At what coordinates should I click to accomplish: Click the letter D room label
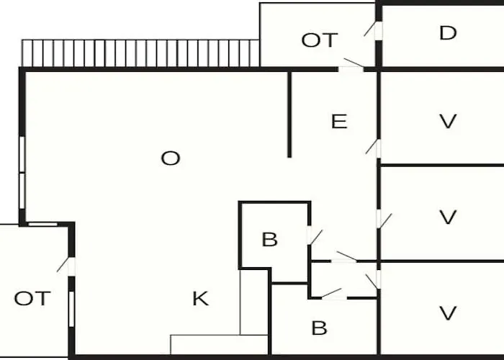448,33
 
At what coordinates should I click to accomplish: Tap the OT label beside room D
320,40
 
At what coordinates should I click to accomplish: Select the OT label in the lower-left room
32,298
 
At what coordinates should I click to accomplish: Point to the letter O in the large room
171,158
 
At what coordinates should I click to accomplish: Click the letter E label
339,121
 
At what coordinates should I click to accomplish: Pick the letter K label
201,299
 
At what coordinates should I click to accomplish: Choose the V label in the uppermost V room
448,121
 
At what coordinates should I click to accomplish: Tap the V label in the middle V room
448,217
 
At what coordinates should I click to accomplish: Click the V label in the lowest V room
448,312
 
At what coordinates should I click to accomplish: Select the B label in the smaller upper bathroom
270,240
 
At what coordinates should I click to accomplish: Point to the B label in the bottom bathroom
319,328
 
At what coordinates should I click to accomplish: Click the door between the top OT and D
373,30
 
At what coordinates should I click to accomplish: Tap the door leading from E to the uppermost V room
374,147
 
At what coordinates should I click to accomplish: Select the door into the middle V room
384,220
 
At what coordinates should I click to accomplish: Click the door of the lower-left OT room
66,265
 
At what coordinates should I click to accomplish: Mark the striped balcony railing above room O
140,53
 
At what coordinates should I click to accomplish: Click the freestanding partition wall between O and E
289,114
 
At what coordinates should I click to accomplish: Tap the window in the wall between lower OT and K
71,309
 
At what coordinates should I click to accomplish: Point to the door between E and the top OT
351,66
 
